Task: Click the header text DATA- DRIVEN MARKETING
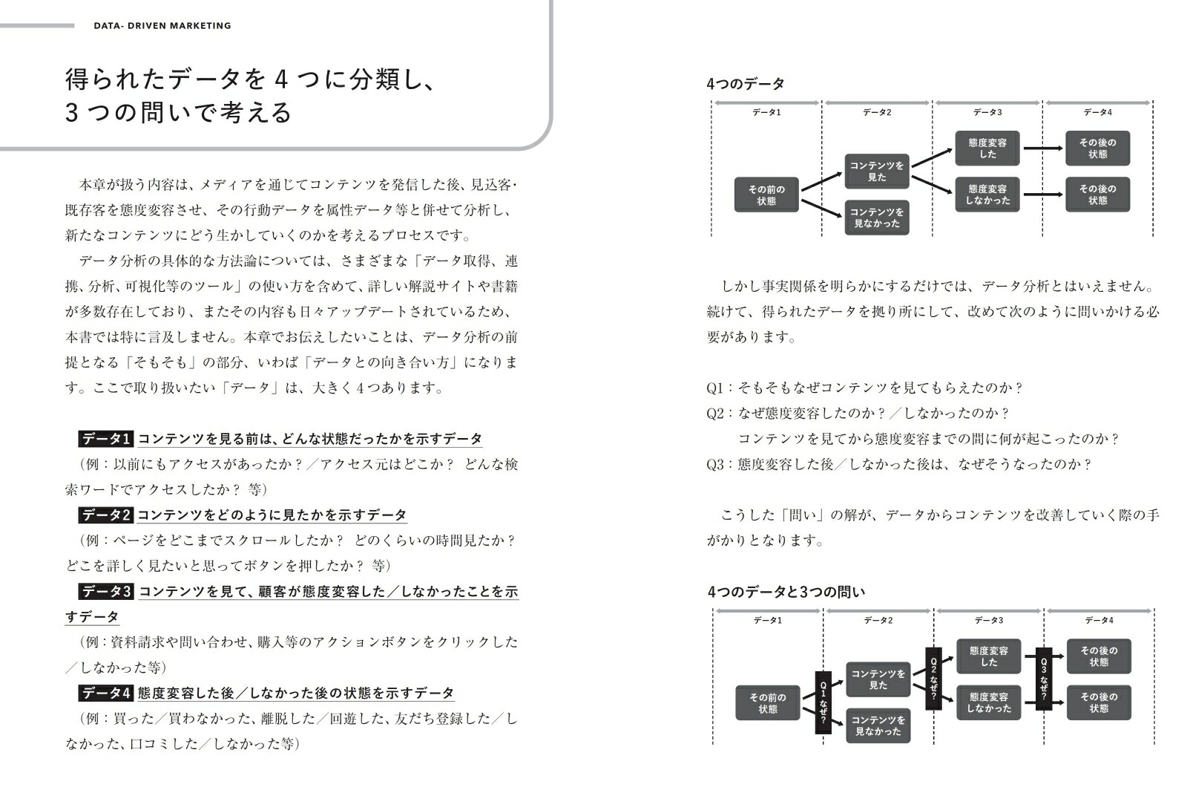pyautogui.click(x=162, y=25)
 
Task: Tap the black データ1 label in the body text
pyautogui.click(x=105, y=439)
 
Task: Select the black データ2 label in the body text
pyautogui.click(x=105, y=515)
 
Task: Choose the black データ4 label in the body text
pyautogui.click(x=105, y=694)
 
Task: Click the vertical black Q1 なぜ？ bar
pyautogui.click(x=823, y=702)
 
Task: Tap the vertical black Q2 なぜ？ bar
pyautogui.click(x=933, y=678)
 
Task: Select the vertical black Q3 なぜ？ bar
pyautogui.click(x=1044, y=678)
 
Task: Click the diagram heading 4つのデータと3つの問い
pyautogui.click(x=786, y=592)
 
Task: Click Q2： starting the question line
pyautogui.click(x=720, y=414)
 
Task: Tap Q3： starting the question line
pyautogui.click(x=720, y=464)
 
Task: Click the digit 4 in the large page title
pyautogui.click(x=280, y=79)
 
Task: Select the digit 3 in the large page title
pyautogui.click(x=72, y=113)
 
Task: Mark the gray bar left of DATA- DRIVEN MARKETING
pyautogui.click(x=37, y=25)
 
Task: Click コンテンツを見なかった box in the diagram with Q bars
pyautogui.click(x=878, y=725)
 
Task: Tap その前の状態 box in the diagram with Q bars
pyautogui.click(x=768, y=702)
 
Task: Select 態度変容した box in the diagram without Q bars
pyautogui.click(x=987, y=149)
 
